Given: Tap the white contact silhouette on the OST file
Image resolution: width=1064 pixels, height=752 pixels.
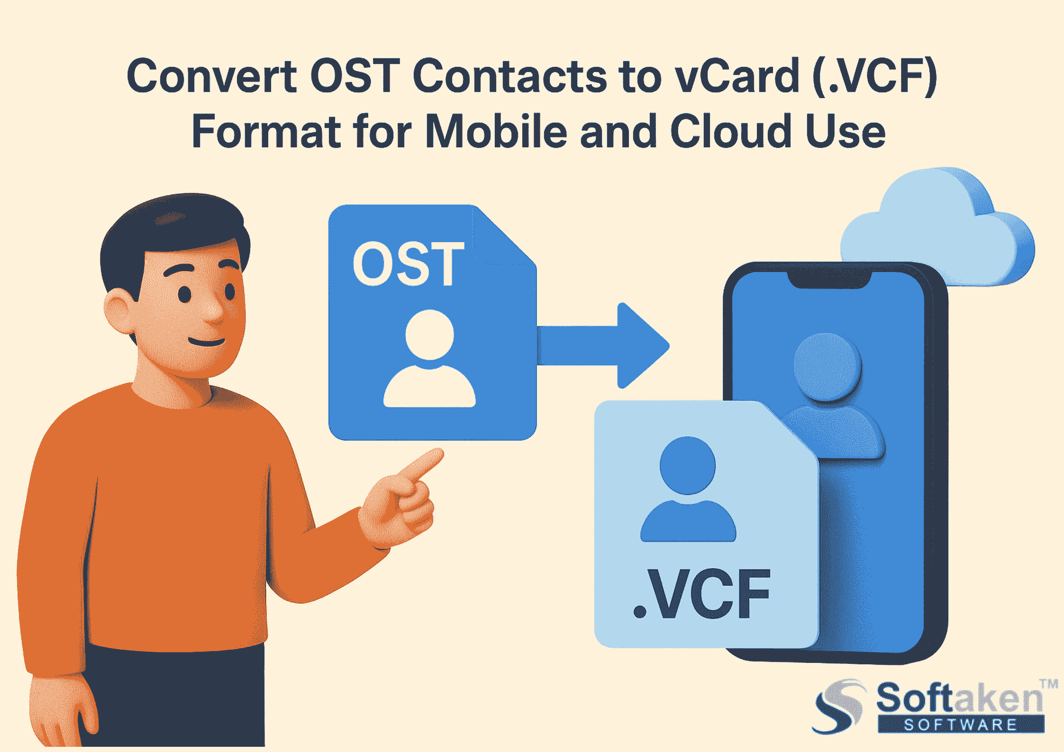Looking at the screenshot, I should tap(429, 360).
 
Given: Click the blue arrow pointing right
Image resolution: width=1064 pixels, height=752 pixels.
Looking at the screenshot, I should tap(607, 346).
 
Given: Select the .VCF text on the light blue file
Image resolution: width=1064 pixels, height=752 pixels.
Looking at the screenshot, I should tap(702, 594).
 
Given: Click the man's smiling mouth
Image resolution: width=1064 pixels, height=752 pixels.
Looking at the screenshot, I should tap(207, 341).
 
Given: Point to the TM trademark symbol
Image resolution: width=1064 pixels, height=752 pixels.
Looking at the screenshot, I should tap(1049, 684).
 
